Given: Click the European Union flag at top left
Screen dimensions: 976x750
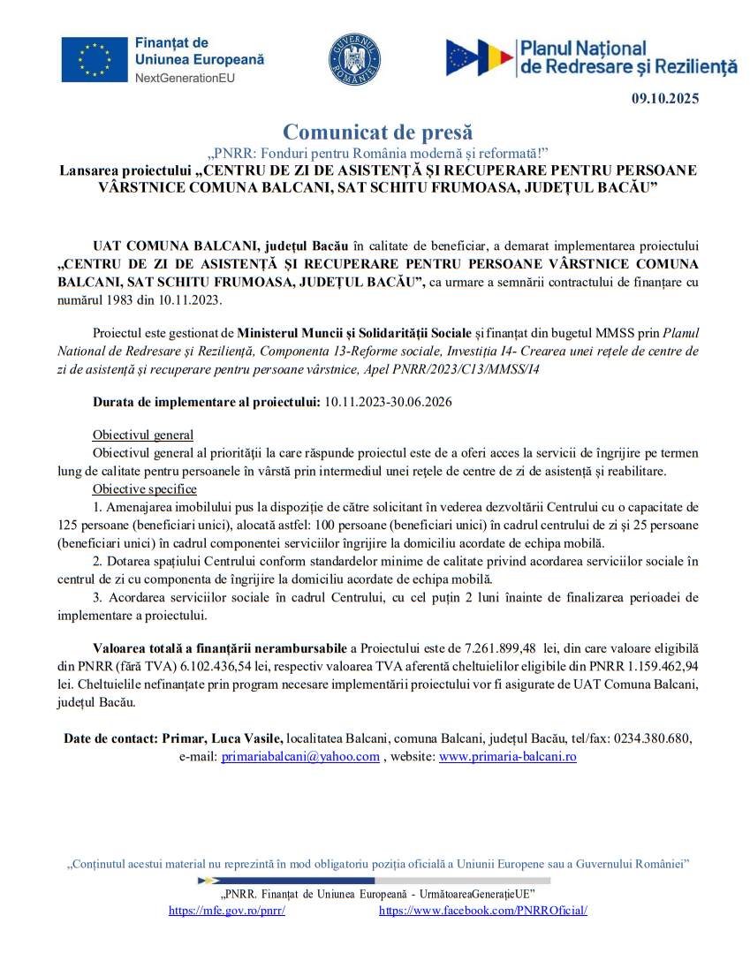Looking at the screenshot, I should point(95,60).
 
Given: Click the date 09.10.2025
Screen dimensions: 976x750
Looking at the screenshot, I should point(664,99).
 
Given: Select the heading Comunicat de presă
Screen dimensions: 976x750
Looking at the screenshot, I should point(377,132).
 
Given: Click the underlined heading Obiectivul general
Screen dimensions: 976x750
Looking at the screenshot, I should point(143,435).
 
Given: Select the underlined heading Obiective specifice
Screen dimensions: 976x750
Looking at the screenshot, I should point(145,489).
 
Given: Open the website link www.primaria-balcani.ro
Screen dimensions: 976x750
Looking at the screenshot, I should point(507,756).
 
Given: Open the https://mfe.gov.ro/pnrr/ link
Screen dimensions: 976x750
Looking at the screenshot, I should point(226,910).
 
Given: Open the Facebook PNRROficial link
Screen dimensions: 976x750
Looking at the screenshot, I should point(482,910).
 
